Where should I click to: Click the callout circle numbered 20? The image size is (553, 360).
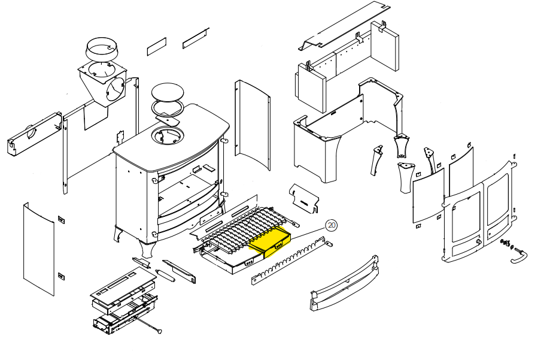pos(332,225)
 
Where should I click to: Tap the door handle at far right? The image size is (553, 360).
pos(519,256)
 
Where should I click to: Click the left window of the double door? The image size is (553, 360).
pos(465,215)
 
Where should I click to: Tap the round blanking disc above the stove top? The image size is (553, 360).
pos(168,92)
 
